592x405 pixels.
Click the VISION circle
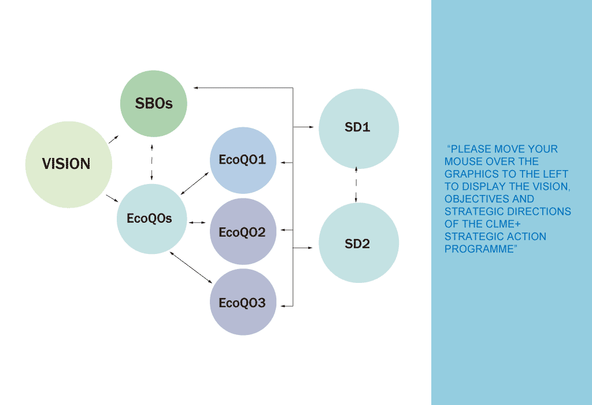pyautogui.click(x=68, y=164)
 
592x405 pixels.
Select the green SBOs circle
pyautogui.click(x=154, y=104)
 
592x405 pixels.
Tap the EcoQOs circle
pyautogui.click(x=150, y=219)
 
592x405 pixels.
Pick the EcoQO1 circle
pyautogui.click(x=243, y=160)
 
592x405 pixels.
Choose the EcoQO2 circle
pyautogui.click(x=243, y=232)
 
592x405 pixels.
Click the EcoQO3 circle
pyautogui.click(x=243, y=303)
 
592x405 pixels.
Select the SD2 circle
pyautogui.click(x=358, y=244)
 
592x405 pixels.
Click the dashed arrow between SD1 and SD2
pyautogui.click(x=356, y=185)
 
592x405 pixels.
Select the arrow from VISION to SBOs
pyautogui.click(x=113, y=139)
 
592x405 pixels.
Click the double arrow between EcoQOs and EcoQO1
pyautogui.click(x=195, y=182)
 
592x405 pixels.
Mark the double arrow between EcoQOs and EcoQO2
pyautogui.click(x=198, y=222)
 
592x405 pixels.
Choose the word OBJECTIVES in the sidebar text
pyautogui.click(x=469, y=199)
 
